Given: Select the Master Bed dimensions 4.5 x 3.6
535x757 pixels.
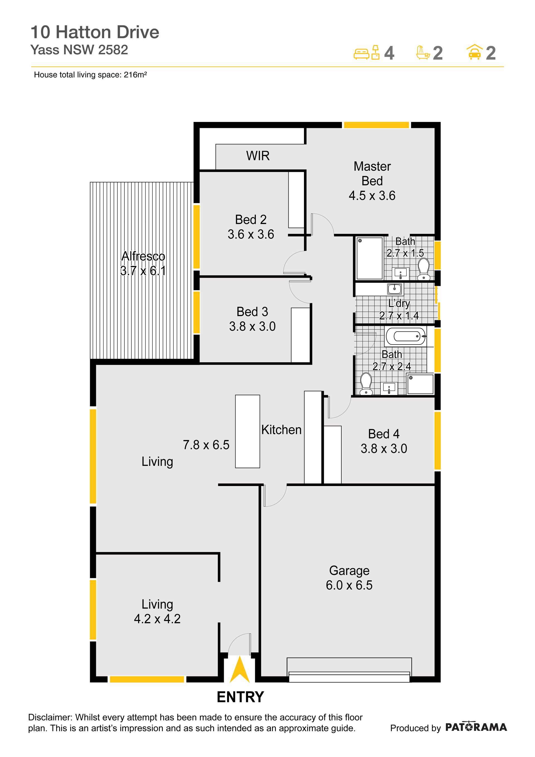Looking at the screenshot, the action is click(x=372, y=196).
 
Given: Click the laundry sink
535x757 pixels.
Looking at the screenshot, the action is click(x=395, y=289).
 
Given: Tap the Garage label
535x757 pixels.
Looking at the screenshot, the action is click(x=349, y=571).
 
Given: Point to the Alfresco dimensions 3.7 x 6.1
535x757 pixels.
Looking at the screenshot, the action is click(x=143, y=271).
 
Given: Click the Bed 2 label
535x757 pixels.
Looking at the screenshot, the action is click(x=251, y=219).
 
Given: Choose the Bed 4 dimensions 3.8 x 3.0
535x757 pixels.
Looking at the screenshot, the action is click(x=384, y=448).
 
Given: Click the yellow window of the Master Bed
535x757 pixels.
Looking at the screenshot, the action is click(x=376, y=125).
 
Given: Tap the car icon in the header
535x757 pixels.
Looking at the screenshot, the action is click(x=474, y=52).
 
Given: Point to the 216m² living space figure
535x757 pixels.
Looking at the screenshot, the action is click(x=135, y=75).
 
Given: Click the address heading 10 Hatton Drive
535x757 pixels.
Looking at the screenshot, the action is click(x=95, y=32).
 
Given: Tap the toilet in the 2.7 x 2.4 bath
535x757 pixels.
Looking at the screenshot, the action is click(x=366, y=384).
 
